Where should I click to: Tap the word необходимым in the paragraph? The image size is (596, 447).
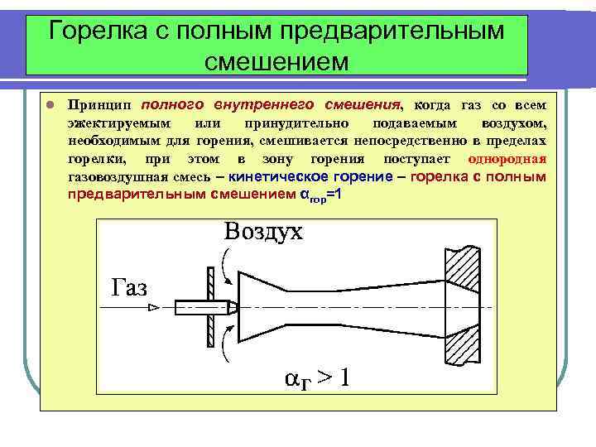pyautogui.click(x=111, y=141)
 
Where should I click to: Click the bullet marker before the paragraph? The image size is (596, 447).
pyautogui.click(x=50, y=106)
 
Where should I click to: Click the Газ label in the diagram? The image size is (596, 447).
pyautogui.click(x=129, y=287)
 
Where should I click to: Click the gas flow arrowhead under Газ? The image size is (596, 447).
pyautogui.click(x=152, y=307)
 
